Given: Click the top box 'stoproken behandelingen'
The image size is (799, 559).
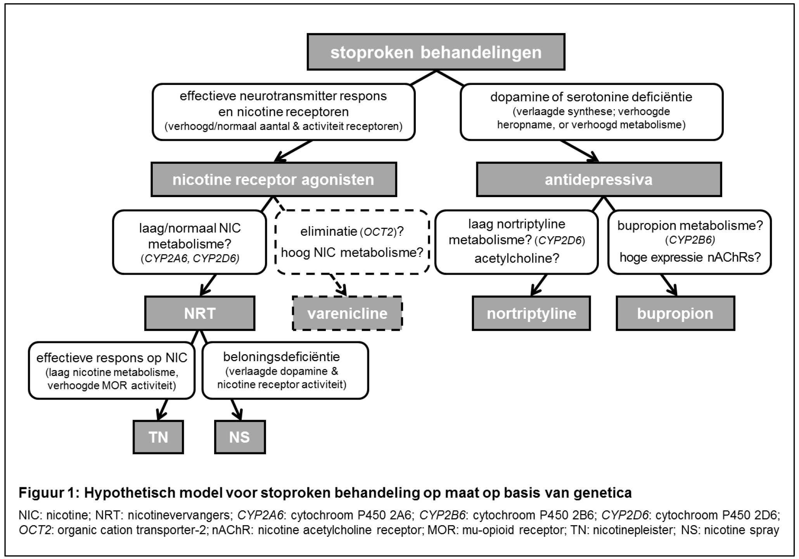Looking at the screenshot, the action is point(436,52).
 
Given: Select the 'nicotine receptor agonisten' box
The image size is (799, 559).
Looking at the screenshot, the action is point(273,180).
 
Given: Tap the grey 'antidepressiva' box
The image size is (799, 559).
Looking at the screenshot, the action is point(598,180).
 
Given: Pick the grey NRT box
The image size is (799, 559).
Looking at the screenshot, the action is point(200,313).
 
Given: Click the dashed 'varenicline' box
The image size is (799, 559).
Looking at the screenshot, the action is point(347,313).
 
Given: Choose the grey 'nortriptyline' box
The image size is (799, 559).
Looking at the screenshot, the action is point(531,313).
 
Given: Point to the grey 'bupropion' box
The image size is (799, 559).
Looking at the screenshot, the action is point(675,313).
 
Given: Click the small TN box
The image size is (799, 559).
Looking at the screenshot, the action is point(158,437).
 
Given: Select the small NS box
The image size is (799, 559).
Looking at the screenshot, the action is point(240,437).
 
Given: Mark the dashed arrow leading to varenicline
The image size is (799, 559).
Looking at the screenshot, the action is point(338,285).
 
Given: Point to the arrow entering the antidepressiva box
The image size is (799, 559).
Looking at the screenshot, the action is point(579,151).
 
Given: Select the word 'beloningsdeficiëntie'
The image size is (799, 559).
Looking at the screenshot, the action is point(282,357).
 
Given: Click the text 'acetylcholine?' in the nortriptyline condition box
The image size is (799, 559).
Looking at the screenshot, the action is point(517,258).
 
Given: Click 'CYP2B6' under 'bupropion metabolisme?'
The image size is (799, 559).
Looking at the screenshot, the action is point(690,241).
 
